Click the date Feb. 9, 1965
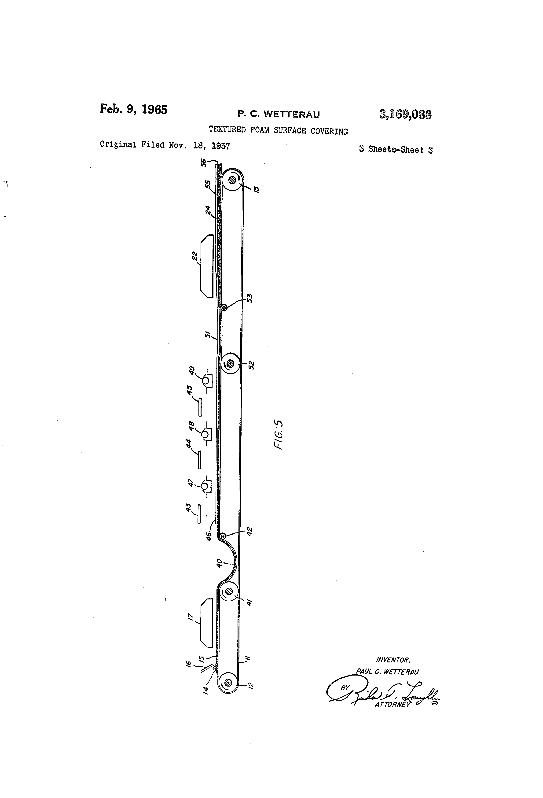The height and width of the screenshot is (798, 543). (x=133, y=109)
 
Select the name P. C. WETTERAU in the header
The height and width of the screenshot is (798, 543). (x=279, y=114)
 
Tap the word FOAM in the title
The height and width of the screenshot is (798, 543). (x=260, y=130)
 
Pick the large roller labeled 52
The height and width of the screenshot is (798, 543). (x=230, y=363)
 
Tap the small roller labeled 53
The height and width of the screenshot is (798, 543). (x=224, y=308)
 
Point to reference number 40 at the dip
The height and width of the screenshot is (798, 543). (x=219, y=563)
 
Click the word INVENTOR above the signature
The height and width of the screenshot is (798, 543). (x=393, y=660)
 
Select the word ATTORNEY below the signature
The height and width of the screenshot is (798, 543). (x=392, y=704)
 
